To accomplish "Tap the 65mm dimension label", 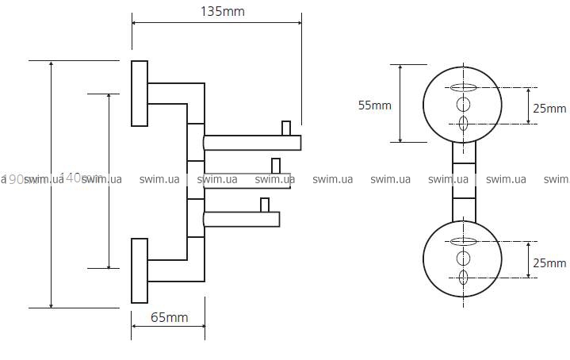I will click(x=168, y=317).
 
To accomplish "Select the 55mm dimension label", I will click(x=375, y=105).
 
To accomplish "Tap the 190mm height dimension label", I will click(x=17, y=179).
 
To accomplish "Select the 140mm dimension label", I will click(x=75, y=178).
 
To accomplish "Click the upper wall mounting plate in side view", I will click(x=140, y=93).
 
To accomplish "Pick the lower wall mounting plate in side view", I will click(x=140, y=270).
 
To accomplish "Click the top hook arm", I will click(x=252, y=143).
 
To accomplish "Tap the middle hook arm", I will click(x=247, y=180).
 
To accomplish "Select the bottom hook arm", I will click(x=243, y=219).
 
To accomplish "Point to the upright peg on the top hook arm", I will click(x=287, y=128).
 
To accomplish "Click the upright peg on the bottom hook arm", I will click(x=266, y=205).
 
